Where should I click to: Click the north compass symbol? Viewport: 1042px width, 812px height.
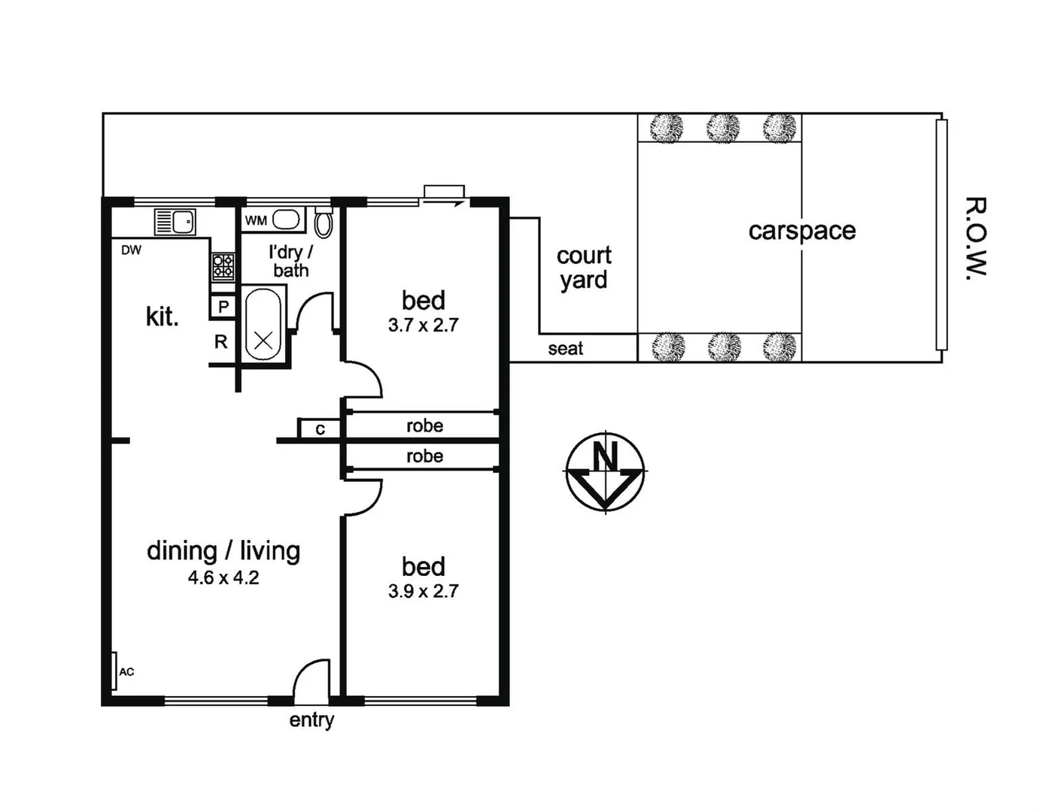point(605,472)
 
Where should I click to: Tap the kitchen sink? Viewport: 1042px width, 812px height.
point(175,222)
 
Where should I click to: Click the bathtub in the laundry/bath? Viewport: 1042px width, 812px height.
point(263,323)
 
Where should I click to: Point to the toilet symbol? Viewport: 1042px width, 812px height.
point(324,223)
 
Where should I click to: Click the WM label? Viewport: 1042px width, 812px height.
point(256,221)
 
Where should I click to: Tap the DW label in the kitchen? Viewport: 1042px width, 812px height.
point(131,250)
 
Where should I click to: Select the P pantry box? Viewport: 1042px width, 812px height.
point(223,307)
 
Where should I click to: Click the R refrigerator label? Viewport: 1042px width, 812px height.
point(221,342)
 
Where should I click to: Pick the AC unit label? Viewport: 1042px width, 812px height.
point(126,671)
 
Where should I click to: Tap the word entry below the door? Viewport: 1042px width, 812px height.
point(311,720)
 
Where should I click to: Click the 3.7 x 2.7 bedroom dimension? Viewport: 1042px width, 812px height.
point(423,326)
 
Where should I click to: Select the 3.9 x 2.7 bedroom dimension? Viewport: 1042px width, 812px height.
point(423,592)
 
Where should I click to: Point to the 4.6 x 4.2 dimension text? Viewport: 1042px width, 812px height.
point(223,578)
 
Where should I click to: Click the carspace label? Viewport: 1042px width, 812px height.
point(802,231)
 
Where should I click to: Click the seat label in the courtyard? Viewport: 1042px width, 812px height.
point(565,349)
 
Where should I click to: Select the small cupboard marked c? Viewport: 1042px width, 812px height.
point(320,429)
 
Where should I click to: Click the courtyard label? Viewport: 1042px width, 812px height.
point(584,268)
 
